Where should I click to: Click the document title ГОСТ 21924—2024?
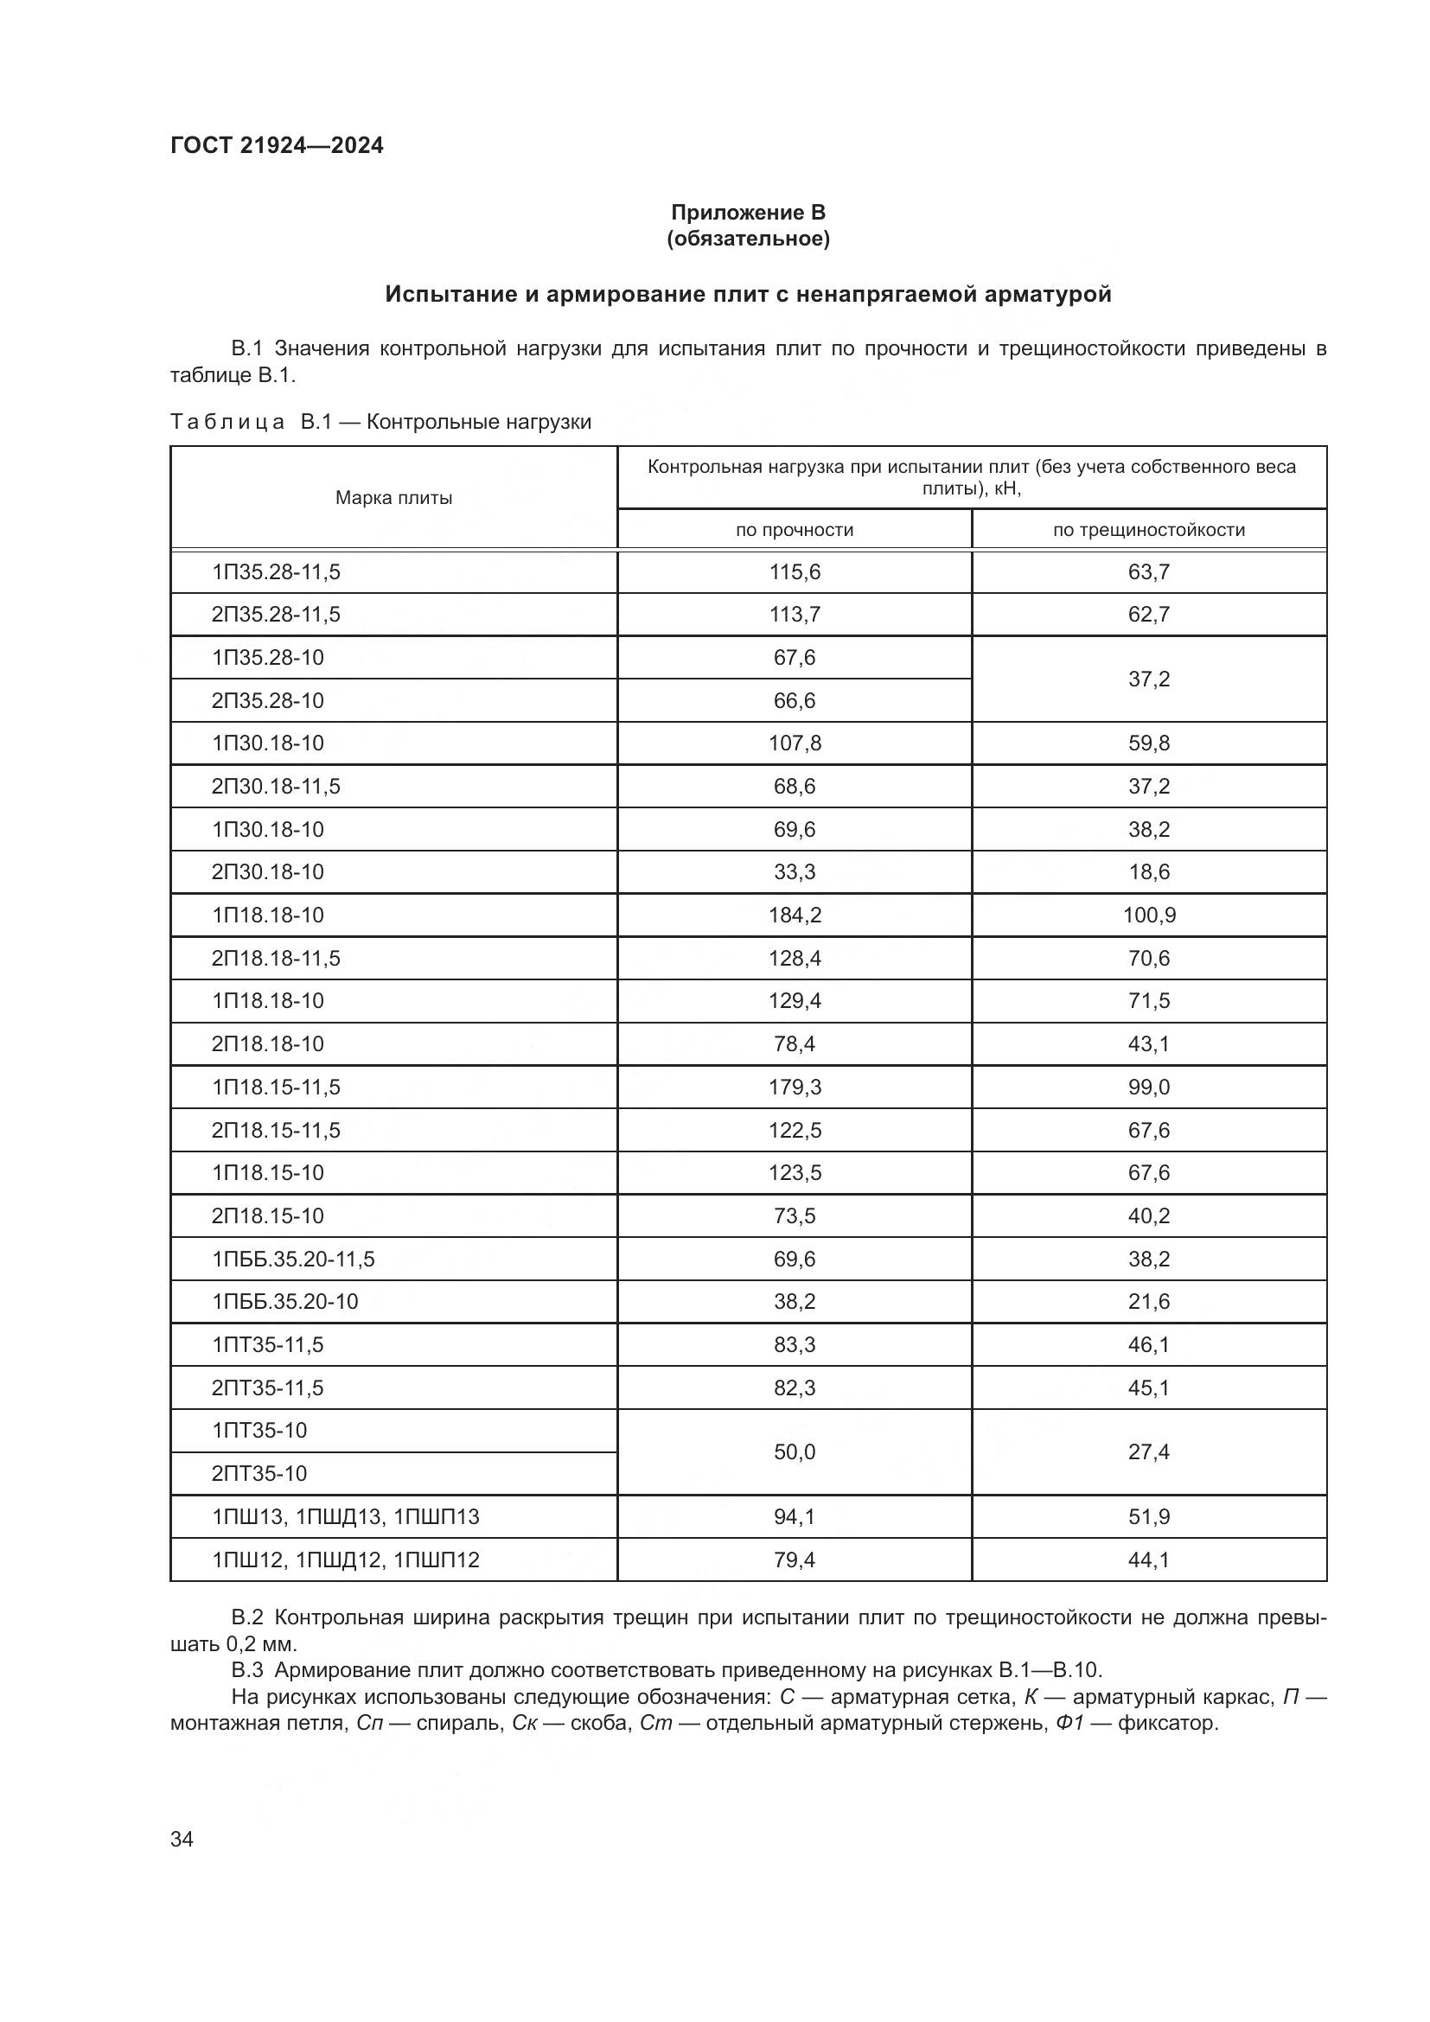click(277, 146)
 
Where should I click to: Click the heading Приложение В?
click(748, 213)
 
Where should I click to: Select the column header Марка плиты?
click(393, 499)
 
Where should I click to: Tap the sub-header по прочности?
click(795, 530)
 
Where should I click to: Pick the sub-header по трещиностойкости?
click(1148, 530)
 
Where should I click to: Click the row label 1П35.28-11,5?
click(276, 572)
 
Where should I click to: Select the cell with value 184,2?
click(795, 915)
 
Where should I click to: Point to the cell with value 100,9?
click(1148, 915)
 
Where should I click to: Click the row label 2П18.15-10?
click(268, 1216)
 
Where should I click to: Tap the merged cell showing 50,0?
click(795, 1452)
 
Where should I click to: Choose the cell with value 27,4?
click(1148, 1452)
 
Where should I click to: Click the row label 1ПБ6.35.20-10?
click(284, 1302)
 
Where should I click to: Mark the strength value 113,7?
click(795, 615)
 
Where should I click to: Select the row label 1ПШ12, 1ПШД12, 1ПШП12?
click(345, 1560)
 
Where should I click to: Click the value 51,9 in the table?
click(1148, 1517)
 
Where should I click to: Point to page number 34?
click(182, 1840)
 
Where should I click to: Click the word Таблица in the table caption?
click(227, 422)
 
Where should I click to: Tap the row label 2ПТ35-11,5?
click(268, 1388)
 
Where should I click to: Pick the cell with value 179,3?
click(795, 1088)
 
